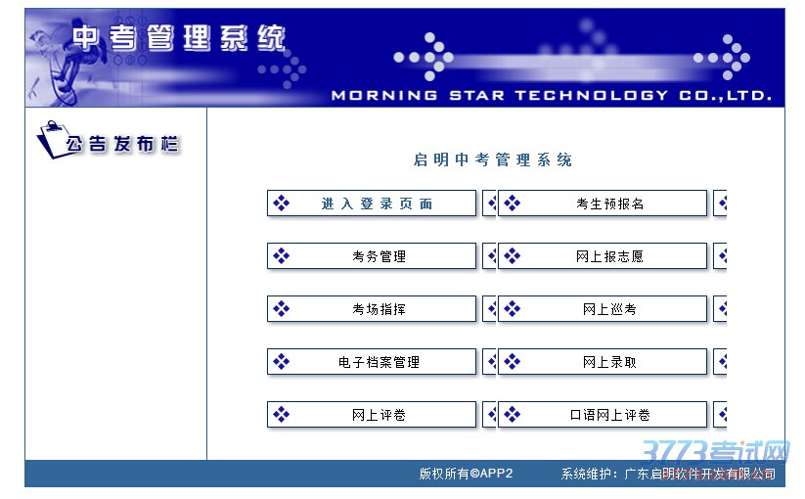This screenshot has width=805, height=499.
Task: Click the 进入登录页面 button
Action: click(372, 204)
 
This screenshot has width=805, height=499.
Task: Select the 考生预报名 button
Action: click(603, 204)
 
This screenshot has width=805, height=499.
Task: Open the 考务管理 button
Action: click(372, 256)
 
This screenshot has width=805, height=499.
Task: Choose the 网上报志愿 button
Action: click(603, 256)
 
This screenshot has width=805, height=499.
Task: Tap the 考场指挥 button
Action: click(372, 309)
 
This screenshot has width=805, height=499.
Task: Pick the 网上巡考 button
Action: click(603, 309)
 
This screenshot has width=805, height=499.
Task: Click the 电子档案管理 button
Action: click(372, 362)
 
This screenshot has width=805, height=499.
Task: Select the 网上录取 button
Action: click(603, 362)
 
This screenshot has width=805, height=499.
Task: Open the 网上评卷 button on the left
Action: click(372, 414)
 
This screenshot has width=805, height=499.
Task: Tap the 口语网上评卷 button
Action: click(603, 414)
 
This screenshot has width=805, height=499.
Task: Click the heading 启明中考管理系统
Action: click(492, 159)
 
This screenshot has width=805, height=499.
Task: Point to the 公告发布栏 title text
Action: click(122, 144)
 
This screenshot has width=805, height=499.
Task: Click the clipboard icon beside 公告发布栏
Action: click(50, 139)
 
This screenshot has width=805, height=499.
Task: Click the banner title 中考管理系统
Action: click(179, 38)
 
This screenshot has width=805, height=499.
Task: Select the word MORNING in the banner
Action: click(384, 96)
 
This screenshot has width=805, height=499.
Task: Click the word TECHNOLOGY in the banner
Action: click(592, 96)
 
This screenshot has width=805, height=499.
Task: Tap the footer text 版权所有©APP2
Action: click(466, 474)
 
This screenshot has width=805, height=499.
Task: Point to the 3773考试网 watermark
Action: click(715, 453)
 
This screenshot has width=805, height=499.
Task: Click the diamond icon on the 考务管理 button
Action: click(282, 255)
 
